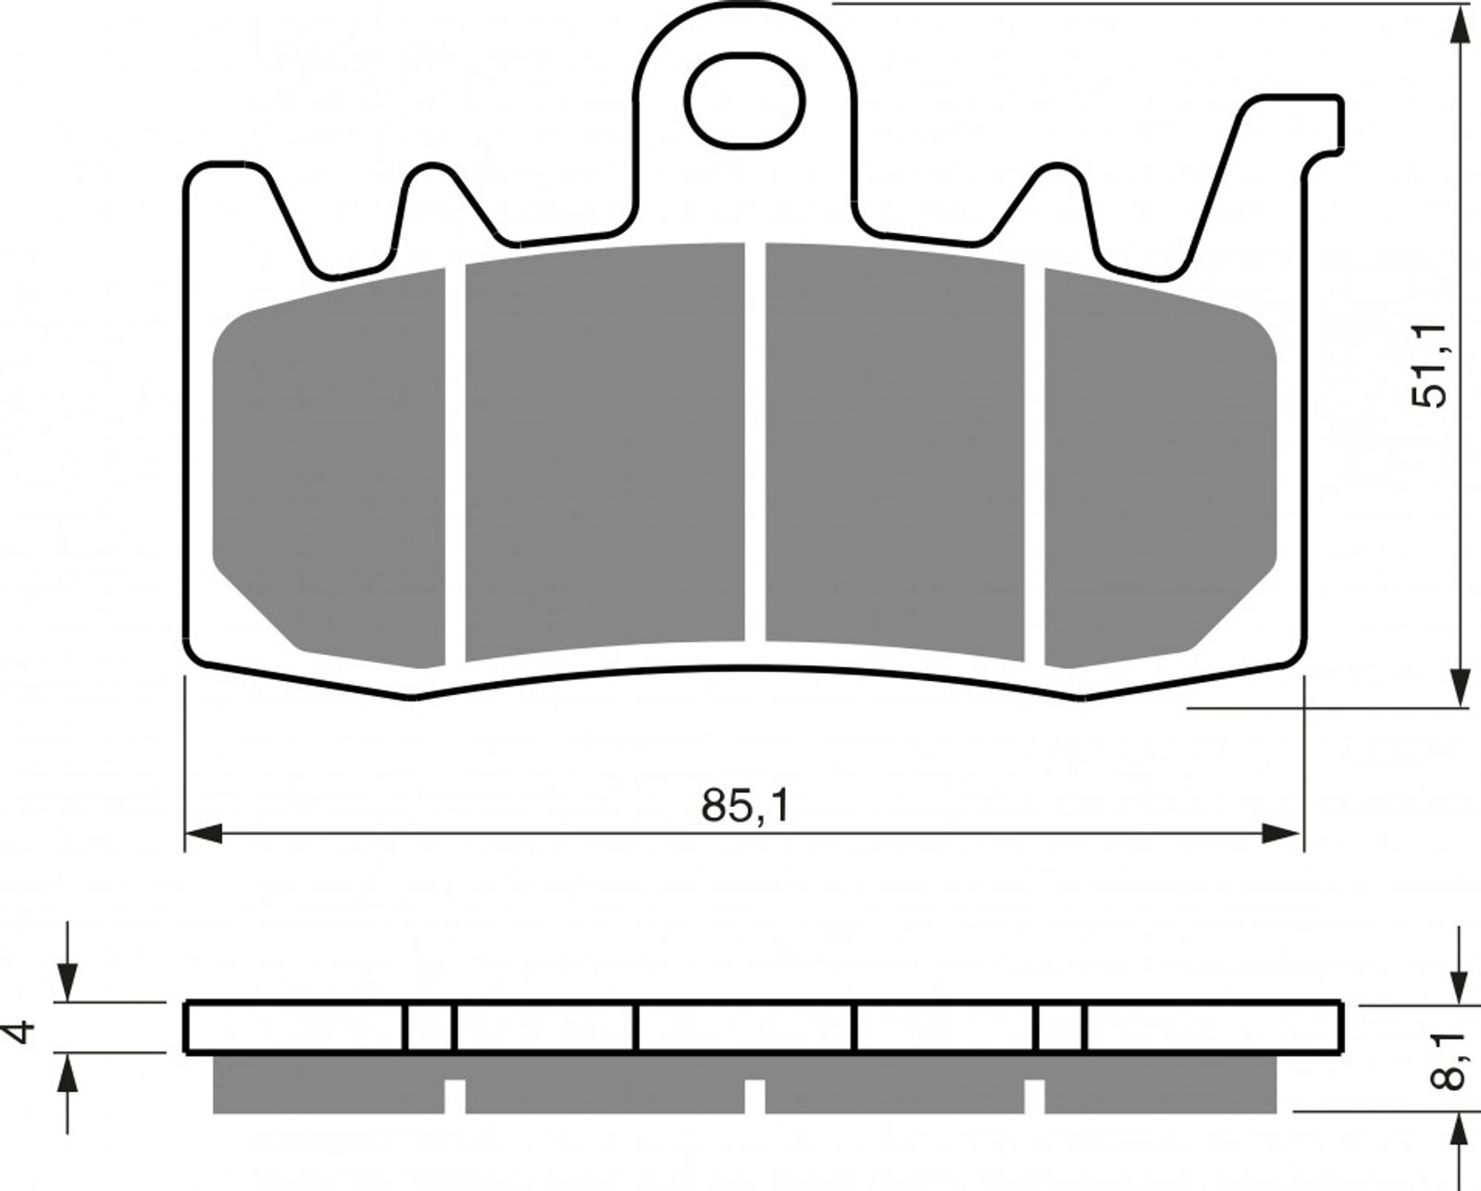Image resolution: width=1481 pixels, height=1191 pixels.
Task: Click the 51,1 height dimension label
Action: click(1428, 366)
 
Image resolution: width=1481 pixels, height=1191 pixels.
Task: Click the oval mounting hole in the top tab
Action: click(744, 101)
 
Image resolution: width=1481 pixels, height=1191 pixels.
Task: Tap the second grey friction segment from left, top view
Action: click(605, 452)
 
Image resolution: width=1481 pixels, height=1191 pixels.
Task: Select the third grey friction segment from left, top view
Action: click(895, 452)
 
